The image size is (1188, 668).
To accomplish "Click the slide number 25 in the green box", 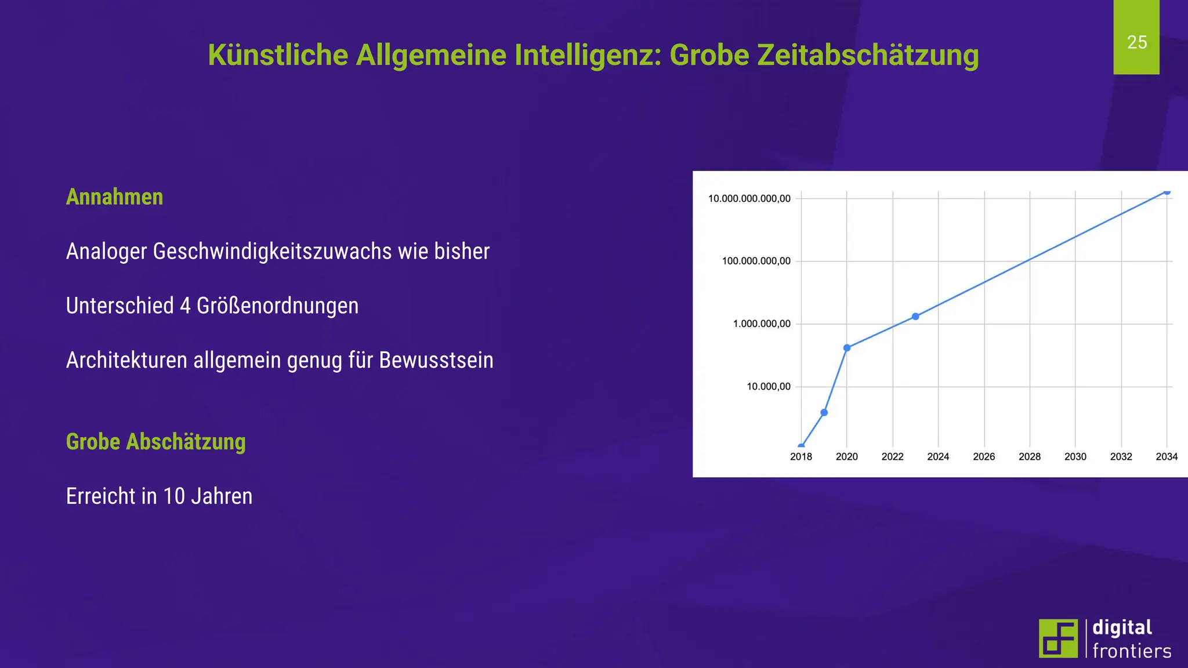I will [1136, 42].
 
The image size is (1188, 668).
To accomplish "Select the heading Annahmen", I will [114, 197].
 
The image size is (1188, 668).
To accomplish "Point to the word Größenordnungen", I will [277, 306].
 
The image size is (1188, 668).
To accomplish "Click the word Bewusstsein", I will [436, 361].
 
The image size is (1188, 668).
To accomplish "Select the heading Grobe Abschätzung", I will [155, 442].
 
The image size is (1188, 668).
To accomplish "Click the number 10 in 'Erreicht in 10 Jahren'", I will [174, 496].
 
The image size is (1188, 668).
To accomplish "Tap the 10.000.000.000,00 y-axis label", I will [749, 199].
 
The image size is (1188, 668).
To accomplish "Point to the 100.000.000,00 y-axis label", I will [756, 262].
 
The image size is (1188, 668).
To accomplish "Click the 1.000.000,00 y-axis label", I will [762, 324].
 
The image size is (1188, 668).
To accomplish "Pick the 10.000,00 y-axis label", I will [768, 387].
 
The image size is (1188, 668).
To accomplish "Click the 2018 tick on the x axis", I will [801, 457].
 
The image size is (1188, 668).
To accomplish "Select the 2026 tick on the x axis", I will [984, 457].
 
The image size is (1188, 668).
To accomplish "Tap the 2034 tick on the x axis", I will [1167, 457].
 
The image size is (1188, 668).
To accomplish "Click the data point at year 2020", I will [847, 348].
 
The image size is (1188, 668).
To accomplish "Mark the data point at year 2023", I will [915, 317].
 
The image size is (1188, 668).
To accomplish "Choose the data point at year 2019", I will [824, 413].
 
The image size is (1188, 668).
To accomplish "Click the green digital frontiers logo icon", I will [1058, 638].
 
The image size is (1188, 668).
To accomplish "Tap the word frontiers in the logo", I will [1132, 651].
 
